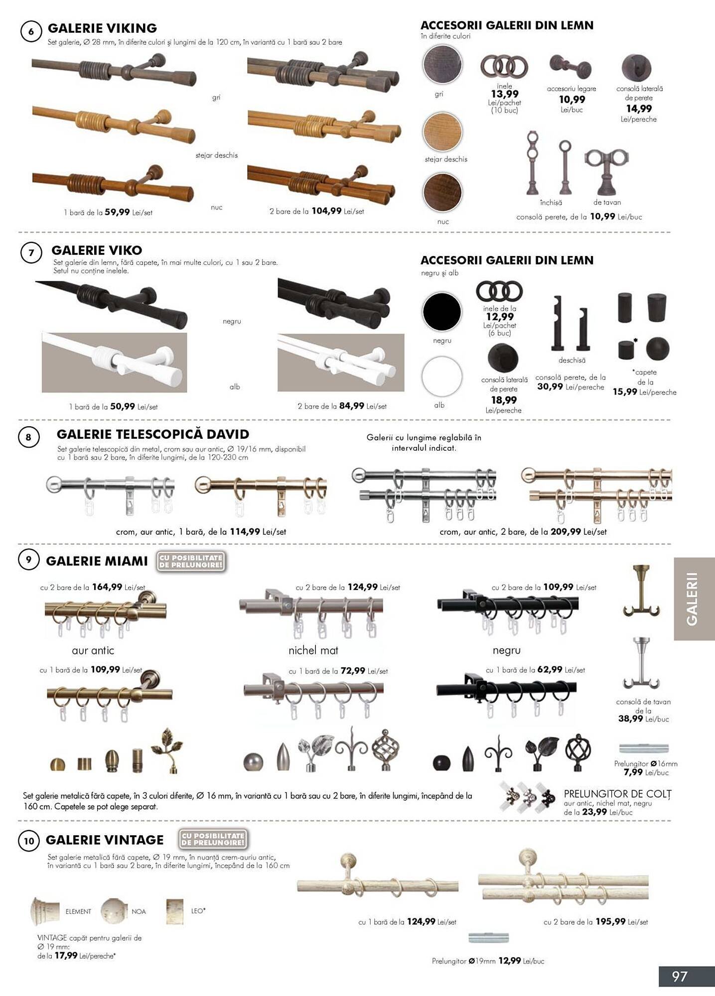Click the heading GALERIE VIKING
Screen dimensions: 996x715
coord(102,28)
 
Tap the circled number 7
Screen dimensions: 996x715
coord(31,252)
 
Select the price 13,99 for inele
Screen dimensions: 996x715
coord(505,94)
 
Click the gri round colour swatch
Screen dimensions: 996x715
coord(442,64)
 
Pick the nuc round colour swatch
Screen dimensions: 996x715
coord(442,193)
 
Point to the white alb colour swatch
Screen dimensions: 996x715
coord(441,376)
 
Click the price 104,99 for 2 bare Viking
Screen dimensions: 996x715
coord(326,211)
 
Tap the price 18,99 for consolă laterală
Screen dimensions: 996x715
coord(504,400)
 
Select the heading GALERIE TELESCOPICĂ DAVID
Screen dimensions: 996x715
coord(153,434)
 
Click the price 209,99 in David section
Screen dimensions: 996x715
coord(566,532)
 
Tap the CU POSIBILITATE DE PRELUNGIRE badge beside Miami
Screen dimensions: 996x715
coord(191,561)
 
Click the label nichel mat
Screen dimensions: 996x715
coord(313,650)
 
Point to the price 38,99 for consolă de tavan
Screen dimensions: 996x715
coord(630,719)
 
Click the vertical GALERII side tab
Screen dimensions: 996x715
coord(694,599)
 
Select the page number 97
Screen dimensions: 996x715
coord(680,976)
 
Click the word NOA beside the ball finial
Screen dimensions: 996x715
coord(139,911)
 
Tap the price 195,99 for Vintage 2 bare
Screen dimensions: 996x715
coord(610,922)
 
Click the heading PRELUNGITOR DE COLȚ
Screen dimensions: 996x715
coord(617,794)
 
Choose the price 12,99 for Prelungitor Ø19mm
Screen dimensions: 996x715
coord(509,961)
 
